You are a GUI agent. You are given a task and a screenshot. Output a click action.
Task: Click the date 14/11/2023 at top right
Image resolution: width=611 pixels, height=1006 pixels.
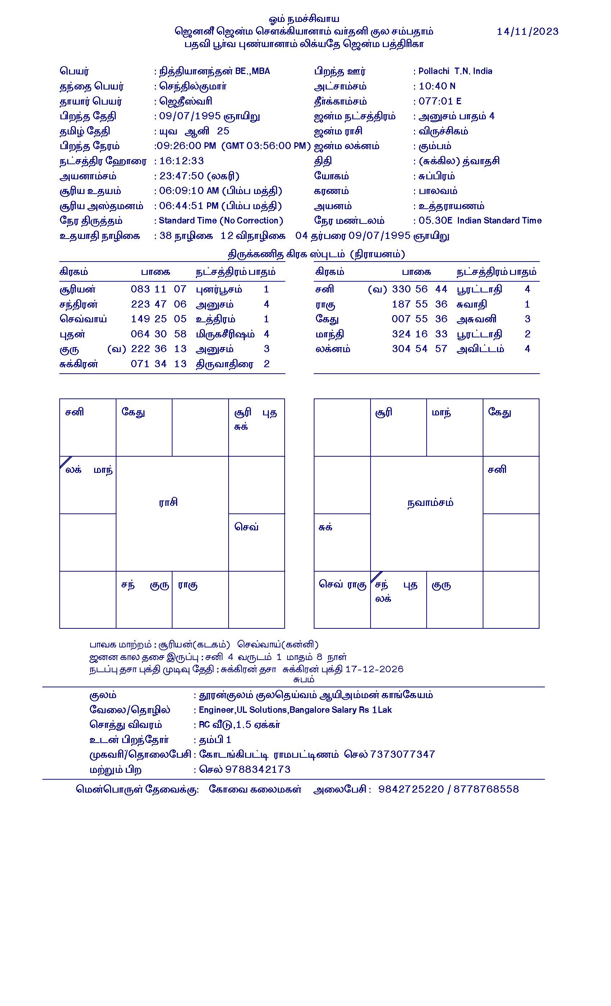coord(527,32)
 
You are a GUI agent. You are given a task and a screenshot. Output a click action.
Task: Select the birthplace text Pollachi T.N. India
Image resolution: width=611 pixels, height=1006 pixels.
coord(455,71)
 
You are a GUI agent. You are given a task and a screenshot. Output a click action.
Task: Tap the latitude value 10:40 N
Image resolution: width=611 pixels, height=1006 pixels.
coord(437,86)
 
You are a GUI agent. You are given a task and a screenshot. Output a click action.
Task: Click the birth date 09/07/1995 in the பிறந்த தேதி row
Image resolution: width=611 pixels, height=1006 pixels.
coord(190,116)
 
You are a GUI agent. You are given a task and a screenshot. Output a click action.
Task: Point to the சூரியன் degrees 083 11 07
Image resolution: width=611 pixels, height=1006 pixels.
coord(159,290)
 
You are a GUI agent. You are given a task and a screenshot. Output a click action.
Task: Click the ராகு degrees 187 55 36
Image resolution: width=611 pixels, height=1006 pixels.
coord(419,305)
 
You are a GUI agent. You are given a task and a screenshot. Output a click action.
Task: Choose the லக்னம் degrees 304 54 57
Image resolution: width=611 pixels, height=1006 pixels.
coord(419,349)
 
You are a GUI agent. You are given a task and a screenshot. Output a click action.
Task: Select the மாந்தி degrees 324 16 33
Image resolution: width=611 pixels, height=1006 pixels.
coord(419,334)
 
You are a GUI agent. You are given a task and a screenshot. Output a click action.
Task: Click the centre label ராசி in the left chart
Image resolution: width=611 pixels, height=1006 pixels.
coord(168,503)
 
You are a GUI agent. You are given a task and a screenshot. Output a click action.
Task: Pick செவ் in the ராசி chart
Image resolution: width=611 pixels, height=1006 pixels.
coord(246,527)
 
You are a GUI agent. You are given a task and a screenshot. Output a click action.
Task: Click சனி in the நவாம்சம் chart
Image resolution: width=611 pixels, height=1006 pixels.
coord(497,470)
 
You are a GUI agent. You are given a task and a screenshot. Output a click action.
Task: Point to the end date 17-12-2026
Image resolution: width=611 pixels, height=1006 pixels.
coord(374,669)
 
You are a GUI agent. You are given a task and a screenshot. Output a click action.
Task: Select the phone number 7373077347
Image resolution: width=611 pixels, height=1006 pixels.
coord(402,754)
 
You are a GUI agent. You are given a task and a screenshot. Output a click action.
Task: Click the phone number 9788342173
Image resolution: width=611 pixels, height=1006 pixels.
coord(258,769)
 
